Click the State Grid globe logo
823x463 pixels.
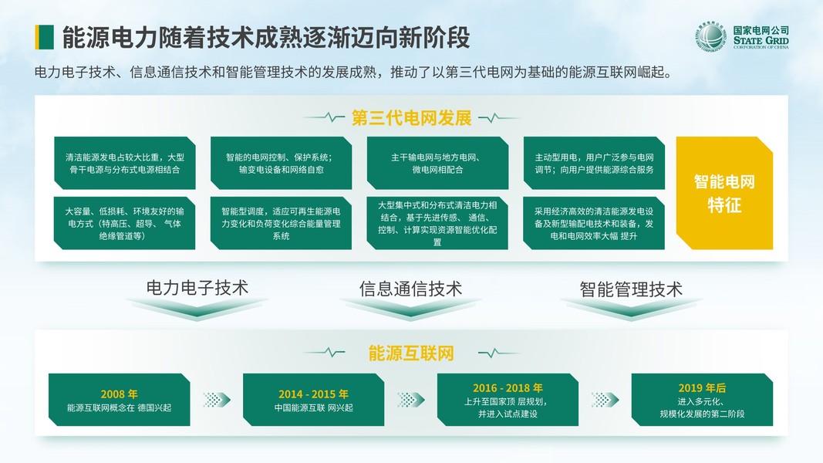click(710, 37)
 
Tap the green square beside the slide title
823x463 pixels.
click(44, 36)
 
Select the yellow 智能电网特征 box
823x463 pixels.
click(723, 193)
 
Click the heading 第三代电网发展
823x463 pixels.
click(411, 118)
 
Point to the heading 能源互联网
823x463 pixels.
click(411, 353)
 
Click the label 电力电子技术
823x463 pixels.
click(197, 289)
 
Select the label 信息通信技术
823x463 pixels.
click(410, 289)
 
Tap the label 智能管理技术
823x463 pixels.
click(631, 289)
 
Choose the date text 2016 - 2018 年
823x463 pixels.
click(508, 387)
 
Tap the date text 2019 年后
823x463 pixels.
click(702, 387)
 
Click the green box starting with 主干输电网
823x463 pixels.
click(437, 163)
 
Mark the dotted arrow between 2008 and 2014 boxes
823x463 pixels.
click(217, 400)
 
